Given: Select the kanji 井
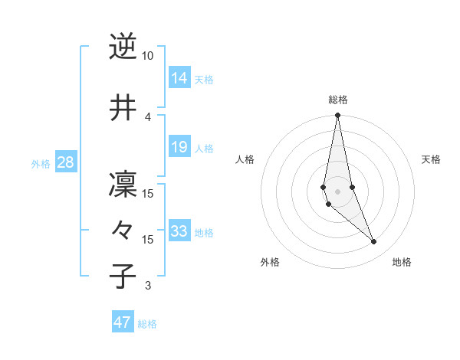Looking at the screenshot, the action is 123,108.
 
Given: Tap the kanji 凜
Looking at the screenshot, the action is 123,185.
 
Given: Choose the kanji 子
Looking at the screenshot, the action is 123,276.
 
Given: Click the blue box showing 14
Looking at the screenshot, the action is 179,77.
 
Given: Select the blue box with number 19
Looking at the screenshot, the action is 179,146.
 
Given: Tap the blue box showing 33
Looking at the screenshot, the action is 179,231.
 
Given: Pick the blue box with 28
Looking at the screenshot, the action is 65,162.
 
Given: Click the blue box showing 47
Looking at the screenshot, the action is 123,322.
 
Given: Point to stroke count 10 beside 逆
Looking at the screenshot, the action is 148,56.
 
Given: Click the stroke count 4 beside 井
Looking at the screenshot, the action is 148,116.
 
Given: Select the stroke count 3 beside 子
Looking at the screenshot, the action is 148,286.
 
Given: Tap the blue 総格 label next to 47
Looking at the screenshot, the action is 148,324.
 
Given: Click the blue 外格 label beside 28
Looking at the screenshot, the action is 41,164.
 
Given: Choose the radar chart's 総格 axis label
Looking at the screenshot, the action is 338,100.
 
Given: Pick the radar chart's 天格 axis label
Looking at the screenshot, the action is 431,159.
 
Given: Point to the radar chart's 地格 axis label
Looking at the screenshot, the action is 402,262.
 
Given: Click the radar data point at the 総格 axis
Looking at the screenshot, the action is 337,116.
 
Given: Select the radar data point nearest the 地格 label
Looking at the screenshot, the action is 374,242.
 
